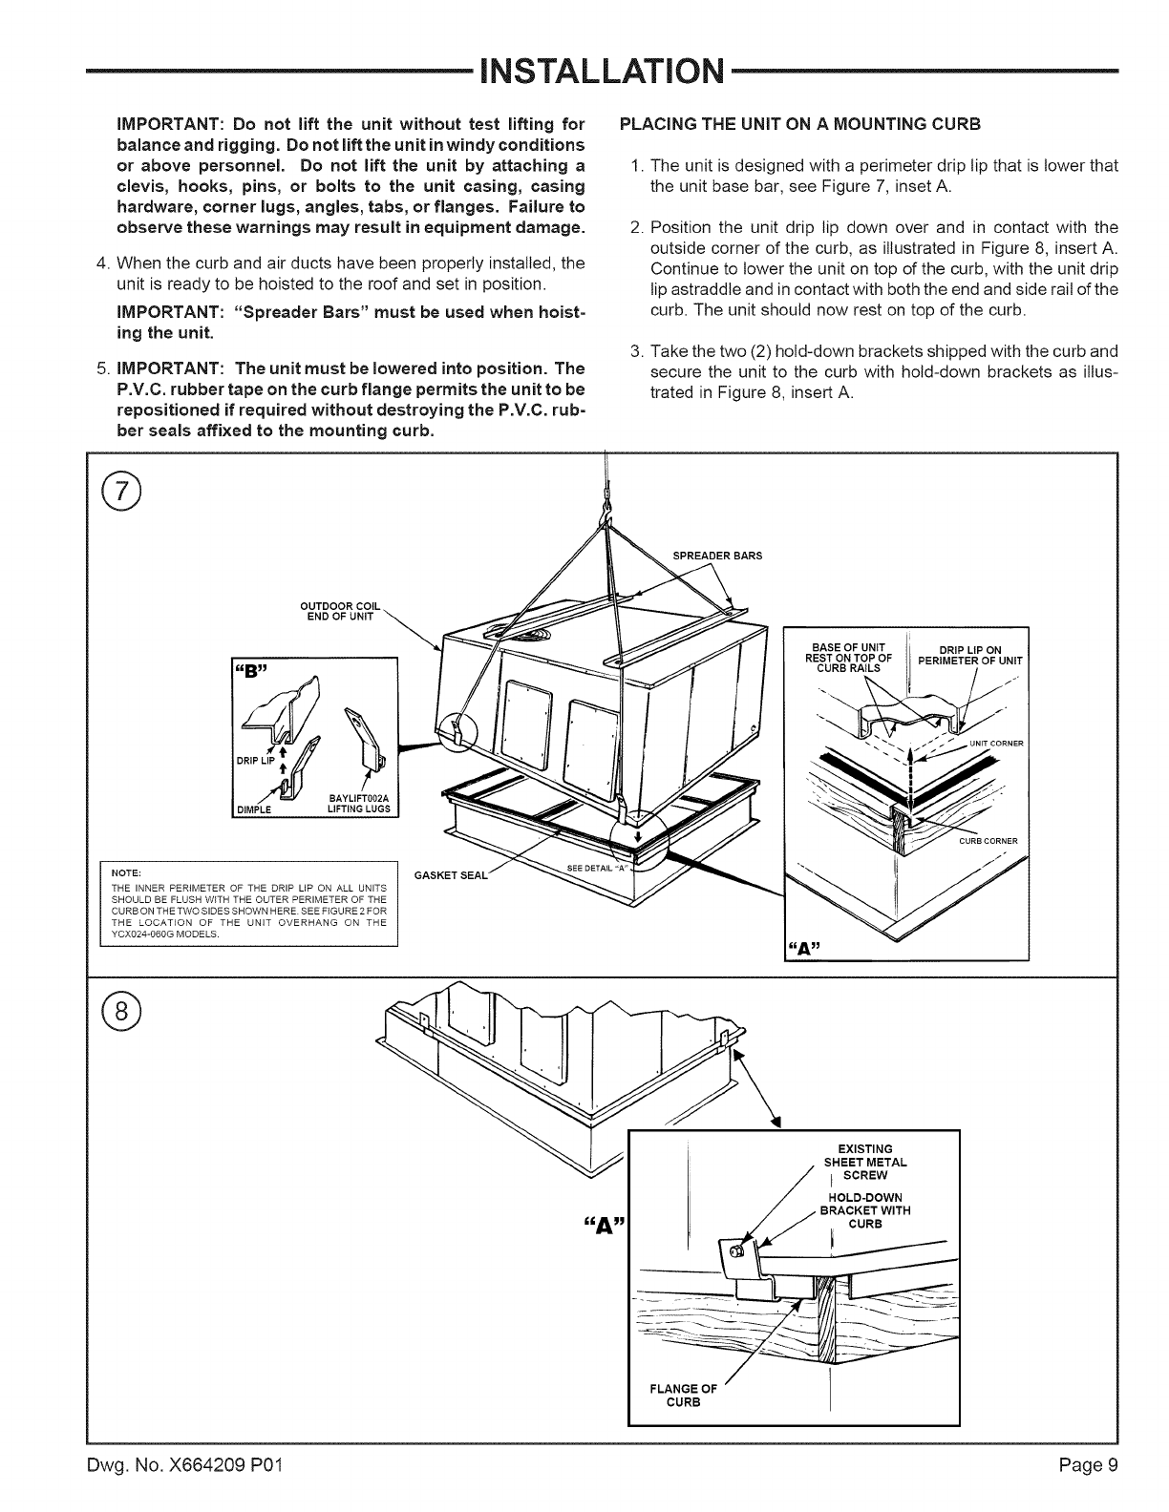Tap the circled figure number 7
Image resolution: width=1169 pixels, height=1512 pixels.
tap(123, 493)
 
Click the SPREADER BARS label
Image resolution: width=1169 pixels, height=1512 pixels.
tap(717, 556)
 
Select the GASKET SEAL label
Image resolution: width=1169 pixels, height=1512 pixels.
tap(452, 875)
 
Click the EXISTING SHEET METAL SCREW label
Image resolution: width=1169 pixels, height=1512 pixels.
tap(864, 1161)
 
